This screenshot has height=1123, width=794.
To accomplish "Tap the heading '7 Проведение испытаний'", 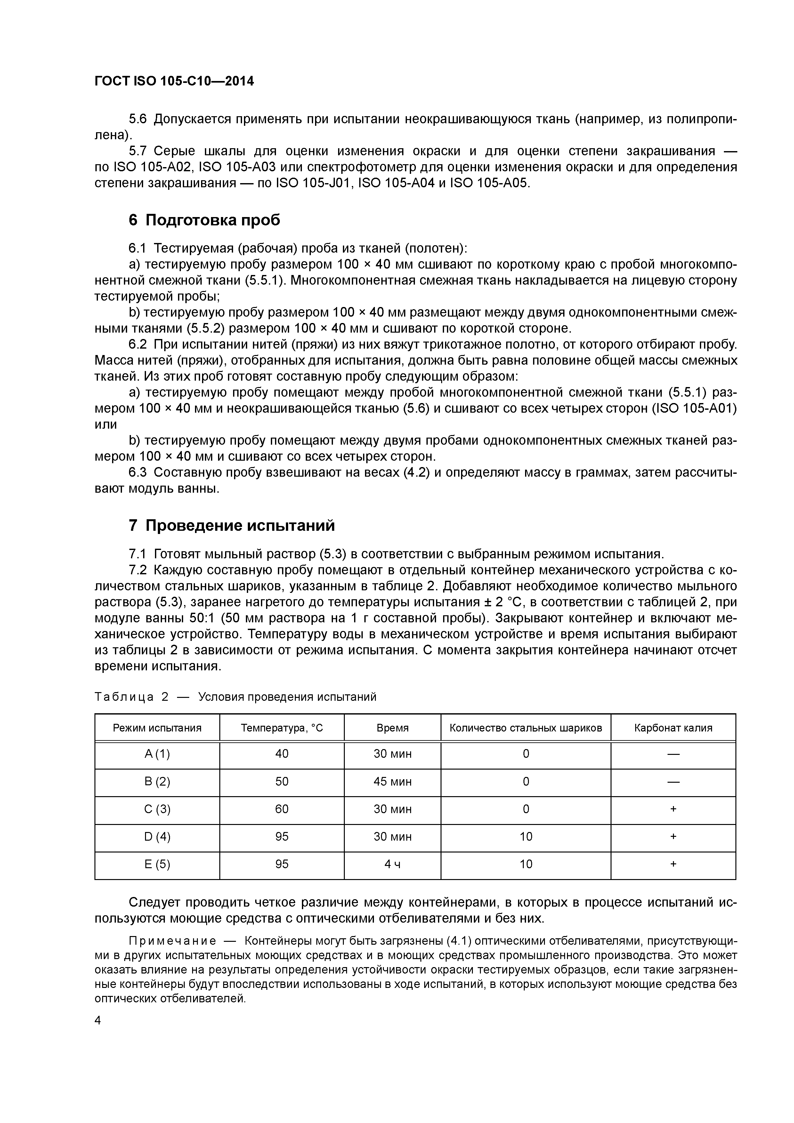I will pos(231,525).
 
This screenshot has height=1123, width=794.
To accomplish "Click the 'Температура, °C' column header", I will pos(282,728).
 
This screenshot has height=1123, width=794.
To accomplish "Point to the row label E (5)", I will pos(157,864).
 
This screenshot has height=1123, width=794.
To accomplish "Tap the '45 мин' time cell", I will pos(392,782).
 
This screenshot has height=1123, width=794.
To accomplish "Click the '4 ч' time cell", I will pos(392,864).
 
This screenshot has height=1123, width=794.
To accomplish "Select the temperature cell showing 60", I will pos(282,809).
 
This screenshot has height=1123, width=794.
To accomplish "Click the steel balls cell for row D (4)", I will pos(526,837).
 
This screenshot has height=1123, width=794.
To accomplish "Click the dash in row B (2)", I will pos(673,782).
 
